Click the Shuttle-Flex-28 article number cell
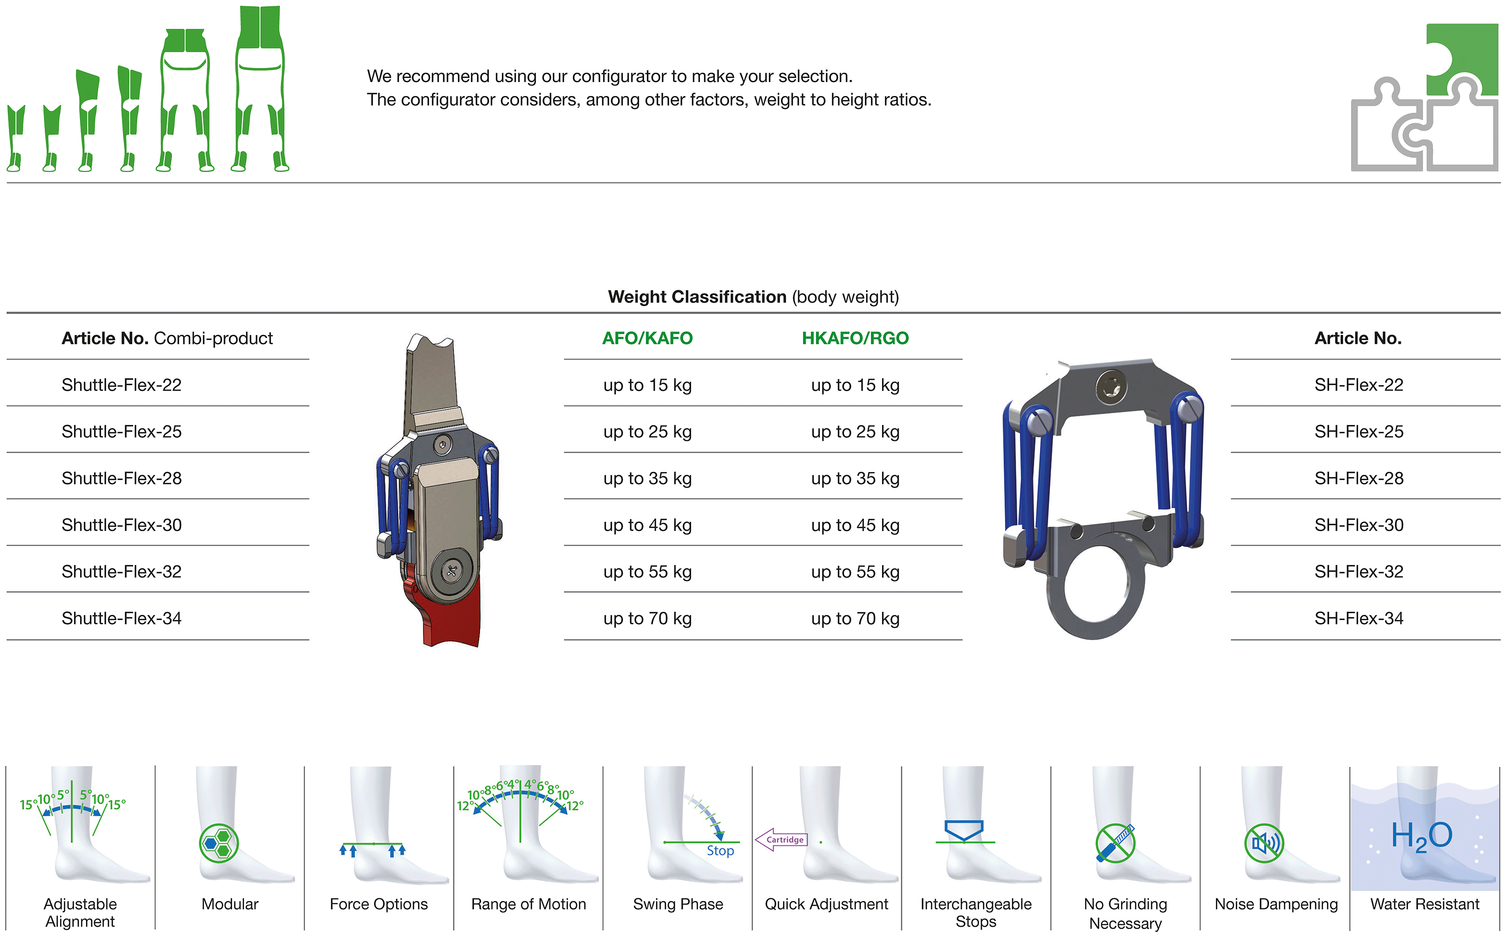pyautogui.click(x=122, y=478)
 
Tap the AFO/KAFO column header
pyautogui.click(x=648, y=339)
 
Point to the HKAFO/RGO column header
pyautogui.click(x=855, y=339)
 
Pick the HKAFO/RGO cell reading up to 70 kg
pyautogui.click(x=855, y=619)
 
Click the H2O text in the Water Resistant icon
pyautogui.click(x=1422, y=837)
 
